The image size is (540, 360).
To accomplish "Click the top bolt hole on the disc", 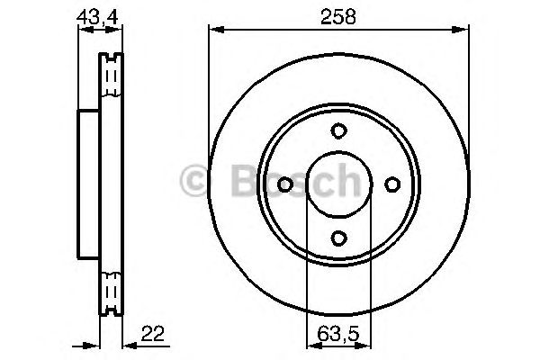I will click(337, 130).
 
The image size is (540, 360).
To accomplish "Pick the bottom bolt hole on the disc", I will click(337, 238).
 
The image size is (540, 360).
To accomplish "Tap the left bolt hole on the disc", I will click(283, 184).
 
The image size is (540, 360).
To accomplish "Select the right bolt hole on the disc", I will click(391, 184).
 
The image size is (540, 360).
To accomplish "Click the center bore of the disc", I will click(337, 184).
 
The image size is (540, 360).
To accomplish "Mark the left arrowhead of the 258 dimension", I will click(214, 29).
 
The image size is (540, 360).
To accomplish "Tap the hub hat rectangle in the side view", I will click(88, 184).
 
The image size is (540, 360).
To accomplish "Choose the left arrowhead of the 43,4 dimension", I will click(83, 29).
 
